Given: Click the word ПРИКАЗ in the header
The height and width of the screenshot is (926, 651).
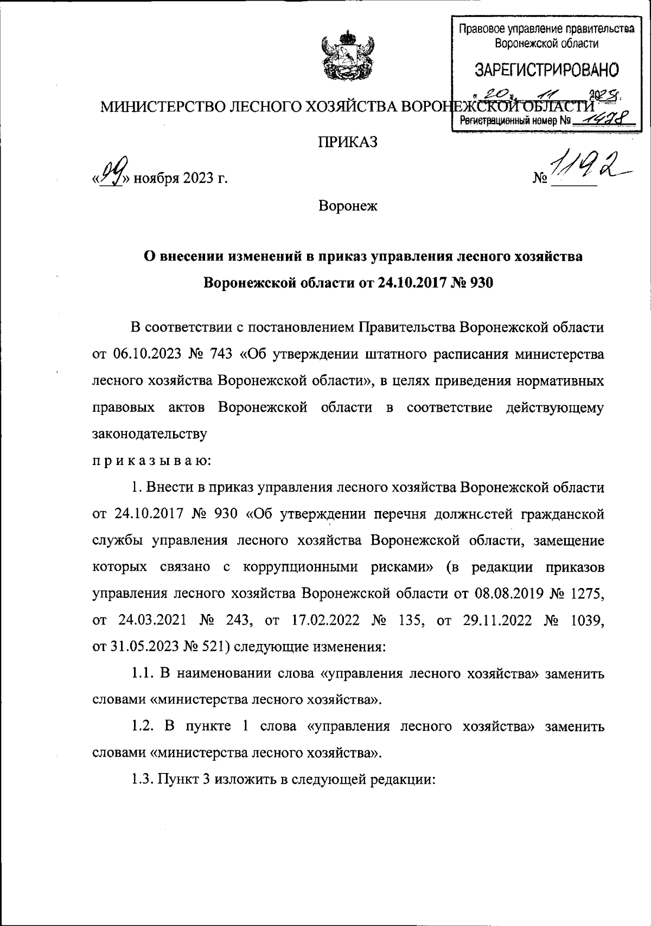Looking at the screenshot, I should (x=347, y=142).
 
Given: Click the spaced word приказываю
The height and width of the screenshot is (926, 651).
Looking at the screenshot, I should (x=152, y=461).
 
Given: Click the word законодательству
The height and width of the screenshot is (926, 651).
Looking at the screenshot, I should (x=150, y=435).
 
